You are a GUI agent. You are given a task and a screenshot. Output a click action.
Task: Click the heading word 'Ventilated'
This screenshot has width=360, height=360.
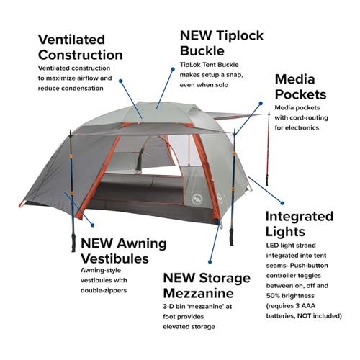[x=71, y=40]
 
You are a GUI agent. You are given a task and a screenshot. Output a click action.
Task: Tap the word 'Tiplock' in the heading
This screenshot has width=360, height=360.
[x=240, y=35]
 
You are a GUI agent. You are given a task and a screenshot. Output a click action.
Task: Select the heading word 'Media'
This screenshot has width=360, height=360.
[x=294, y=79]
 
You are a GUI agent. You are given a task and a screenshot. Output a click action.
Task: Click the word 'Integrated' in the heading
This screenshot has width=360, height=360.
[x=300, y=217]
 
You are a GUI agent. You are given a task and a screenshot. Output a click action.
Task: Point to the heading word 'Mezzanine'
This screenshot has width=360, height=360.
[x=198, y=293]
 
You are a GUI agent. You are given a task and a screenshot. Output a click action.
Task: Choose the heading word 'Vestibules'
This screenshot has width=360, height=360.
[x=114, y=258]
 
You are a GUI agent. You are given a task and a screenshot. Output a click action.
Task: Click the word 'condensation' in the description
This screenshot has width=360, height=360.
[x=83, y=89]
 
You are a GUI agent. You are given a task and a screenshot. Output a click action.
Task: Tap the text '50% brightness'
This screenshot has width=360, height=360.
[x=290, y=296]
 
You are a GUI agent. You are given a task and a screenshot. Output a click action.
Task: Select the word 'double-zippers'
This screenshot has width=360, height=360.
[x=104, y=291]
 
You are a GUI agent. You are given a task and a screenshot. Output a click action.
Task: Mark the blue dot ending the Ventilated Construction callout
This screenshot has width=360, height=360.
[x=121, y=81]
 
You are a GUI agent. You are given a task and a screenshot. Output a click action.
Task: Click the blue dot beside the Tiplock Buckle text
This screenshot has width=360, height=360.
[x=173, y=69]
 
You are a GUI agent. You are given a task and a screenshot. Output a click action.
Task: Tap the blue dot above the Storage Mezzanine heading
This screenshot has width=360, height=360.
[x=210, y=261]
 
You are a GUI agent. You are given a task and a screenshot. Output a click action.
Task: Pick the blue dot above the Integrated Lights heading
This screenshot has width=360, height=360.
[x=282, y=203]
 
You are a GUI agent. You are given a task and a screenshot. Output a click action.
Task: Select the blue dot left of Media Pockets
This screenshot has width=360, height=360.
[x=261, y=104]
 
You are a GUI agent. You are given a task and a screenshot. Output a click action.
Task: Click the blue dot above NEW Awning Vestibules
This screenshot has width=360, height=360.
[x=93, y=225]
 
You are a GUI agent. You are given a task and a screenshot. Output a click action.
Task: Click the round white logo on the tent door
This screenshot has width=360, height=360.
[x=197, y=199]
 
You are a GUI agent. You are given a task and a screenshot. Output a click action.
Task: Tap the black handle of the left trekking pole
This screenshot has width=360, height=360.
[x=73, y=243]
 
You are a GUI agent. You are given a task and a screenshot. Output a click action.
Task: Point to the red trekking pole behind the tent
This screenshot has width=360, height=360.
[x=268, y=149]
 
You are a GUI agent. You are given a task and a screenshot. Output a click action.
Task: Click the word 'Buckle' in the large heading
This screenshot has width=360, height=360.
[x=202, y=51]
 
